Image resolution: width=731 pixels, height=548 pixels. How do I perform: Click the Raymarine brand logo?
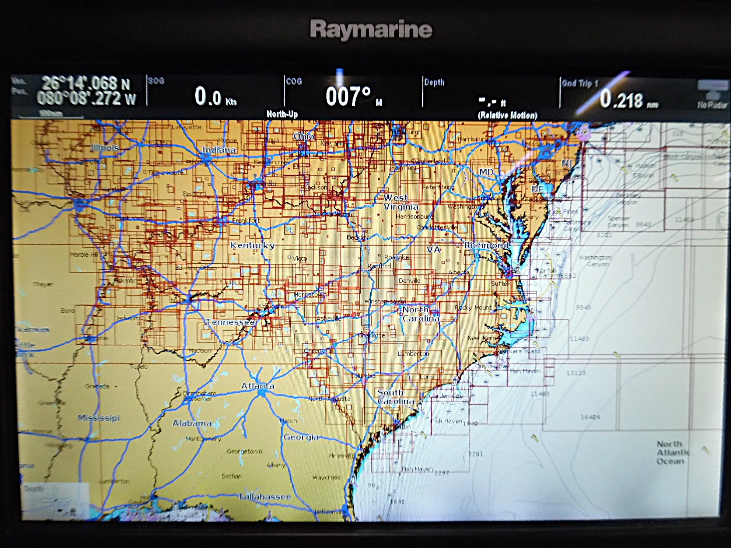point(371,29)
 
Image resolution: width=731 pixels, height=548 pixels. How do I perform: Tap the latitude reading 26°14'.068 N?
point(85,83)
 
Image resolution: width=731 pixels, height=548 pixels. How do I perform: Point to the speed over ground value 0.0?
point(208,96)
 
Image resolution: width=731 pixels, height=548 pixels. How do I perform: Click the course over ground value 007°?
point(348,96)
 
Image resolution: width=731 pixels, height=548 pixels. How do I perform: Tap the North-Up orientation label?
point(282,114)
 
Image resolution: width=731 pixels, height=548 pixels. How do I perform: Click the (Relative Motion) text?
point(507,115)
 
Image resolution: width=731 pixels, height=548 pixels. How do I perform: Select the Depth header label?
point(434,82)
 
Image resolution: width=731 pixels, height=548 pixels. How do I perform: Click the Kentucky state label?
point(253,245)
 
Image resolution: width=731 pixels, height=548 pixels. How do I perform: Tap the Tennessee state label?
point(231,322)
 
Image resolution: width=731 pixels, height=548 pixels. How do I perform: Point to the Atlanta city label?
point(258,386)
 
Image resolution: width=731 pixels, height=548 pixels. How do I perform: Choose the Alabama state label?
point(192,423)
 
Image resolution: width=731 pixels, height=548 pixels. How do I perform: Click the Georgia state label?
point(301,437)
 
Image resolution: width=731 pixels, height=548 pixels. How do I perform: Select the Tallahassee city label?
point(265,497)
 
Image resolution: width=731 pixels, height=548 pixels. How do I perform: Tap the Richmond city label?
point(486,245)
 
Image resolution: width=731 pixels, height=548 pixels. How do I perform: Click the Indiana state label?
point(219,150)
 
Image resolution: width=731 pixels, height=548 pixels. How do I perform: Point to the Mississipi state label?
point(99,418)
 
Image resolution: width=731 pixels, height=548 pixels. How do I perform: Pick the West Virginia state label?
point(401,202)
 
